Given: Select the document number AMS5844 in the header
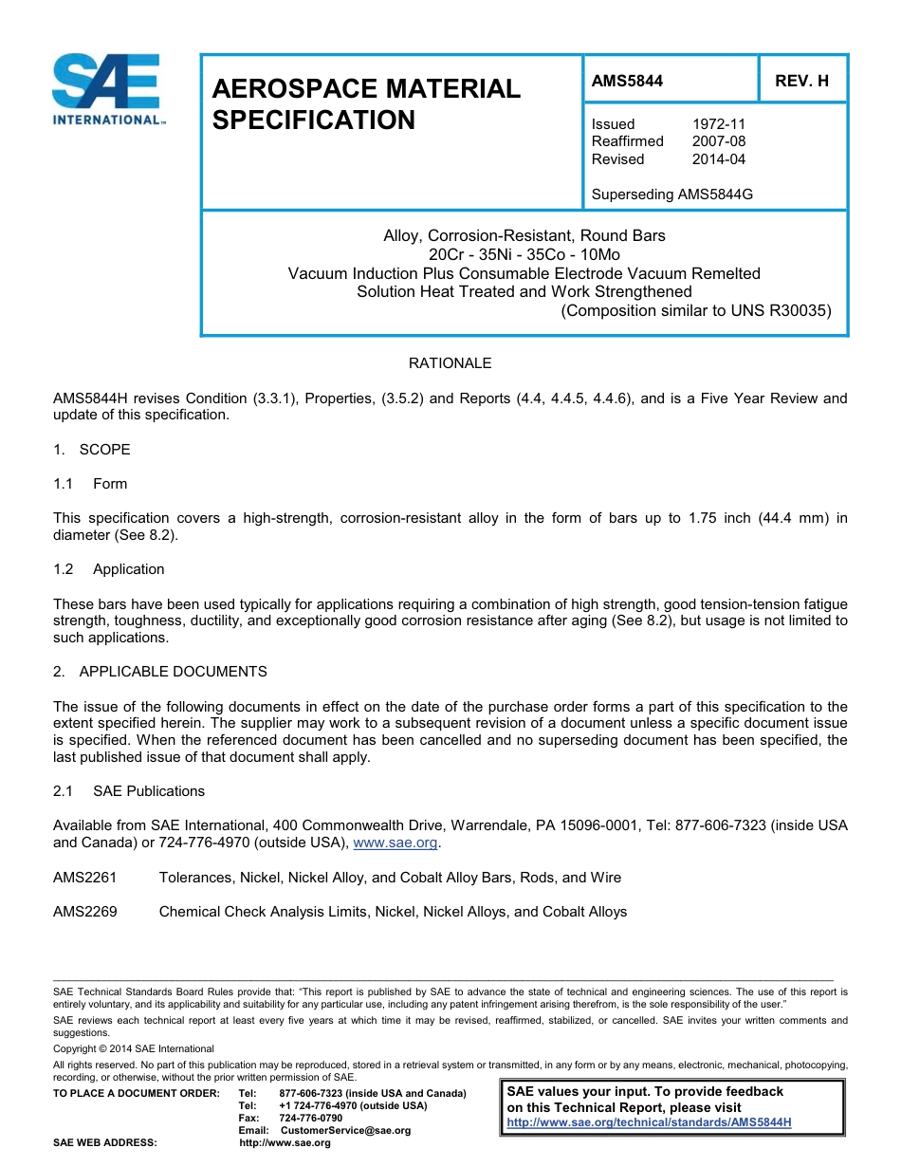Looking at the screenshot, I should point(627,82).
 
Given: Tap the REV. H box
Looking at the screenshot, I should point(801,82).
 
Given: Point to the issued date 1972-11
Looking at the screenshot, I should point(718,124).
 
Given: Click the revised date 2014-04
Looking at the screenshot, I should point(718,159).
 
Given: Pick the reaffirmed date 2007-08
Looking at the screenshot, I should point(718,141).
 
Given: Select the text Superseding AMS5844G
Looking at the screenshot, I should point(671,194).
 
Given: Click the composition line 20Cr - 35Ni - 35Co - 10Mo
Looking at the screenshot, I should point(524,254).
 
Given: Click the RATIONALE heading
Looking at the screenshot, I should point(450,363).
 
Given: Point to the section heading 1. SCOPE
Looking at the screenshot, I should point(92,450).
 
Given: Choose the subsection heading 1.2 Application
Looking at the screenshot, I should point(109,569).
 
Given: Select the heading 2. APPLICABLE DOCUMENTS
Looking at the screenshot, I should point(160,672).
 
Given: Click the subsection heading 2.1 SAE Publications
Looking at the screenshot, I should point(129,791).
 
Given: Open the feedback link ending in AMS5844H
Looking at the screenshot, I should point(649,1122).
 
